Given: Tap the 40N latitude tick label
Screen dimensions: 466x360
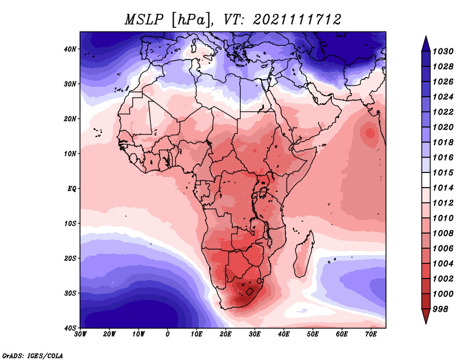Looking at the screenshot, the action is [70, 49].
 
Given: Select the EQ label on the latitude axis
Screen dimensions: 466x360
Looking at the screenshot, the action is [72, 189].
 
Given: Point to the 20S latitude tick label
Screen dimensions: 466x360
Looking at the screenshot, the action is [70, 258].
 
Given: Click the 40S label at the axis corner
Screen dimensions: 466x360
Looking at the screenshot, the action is [70, 328].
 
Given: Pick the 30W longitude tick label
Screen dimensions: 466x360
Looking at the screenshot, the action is [80, 334].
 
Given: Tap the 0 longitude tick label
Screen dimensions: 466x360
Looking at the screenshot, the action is [168, 334].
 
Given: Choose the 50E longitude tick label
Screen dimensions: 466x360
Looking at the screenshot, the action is [313, 334].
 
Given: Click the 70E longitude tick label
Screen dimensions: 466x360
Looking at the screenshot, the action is [371, 334].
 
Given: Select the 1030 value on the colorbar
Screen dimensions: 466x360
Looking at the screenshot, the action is [443, 51].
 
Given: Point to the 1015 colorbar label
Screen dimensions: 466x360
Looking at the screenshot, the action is [443, 172].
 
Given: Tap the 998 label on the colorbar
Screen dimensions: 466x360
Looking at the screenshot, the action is [440, 309].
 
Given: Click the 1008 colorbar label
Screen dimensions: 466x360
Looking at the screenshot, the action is [443, 234].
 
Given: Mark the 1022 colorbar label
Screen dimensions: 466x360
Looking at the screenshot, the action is [443, 112].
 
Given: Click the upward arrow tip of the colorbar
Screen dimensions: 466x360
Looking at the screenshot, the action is [426, 37].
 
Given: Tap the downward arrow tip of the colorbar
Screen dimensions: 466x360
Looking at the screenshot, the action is [426, 323].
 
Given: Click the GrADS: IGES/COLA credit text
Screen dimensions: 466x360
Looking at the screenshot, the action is [33, 355].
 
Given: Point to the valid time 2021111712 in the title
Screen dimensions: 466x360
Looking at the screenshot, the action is [297, 20].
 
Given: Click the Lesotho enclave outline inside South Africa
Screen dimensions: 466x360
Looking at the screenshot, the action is [250, 291].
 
